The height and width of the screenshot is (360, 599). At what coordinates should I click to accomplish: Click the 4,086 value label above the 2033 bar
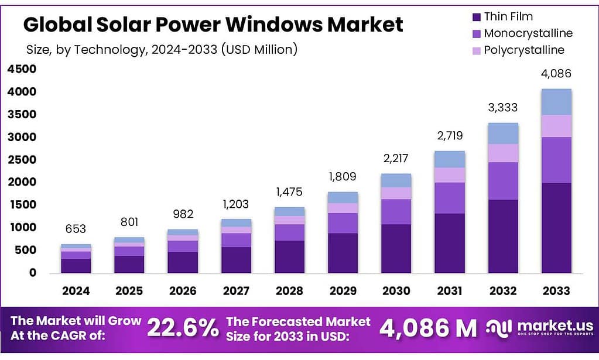(556, 74)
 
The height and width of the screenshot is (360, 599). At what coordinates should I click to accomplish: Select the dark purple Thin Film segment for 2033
(556, 228)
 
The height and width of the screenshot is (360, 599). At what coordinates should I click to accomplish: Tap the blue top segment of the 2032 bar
(503, 133)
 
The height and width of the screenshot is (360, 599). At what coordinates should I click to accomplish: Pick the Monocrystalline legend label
(528, 33)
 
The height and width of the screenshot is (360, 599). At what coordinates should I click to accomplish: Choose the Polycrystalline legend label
(524, 50)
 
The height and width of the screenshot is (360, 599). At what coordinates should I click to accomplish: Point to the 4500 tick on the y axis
(22, 69)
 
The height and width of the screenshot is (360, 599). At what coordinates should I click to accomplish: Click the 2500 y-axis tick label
(22, 160)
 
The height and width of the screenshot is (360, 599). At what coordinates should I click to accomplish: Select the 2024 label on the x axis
(76, 290)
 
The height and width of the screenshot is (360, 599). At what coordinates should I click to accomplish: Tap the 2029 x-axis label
(343, 290)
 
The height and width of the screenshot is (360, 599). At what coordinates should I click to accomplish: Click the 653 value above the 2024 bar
(76, 229)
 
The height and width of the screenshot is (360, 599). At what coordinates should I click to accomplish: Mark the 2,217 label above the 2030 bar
(396, 158)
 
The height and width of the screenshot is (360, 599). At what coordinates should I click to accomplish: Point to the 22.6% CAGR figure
(182, 328)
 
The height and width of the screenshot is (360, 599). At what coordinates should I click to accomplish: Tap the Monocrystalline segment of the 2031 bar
(449, 198)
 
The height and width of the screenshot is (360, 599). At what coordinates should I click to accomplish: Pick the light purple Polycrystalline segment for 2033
(556, 126)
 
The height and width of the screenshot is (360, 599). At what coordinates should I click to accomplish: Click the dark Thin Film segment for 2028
(289, 256)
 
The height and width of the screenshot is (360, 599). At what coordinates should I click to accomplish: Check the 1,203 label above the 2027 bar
(236, 204)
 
